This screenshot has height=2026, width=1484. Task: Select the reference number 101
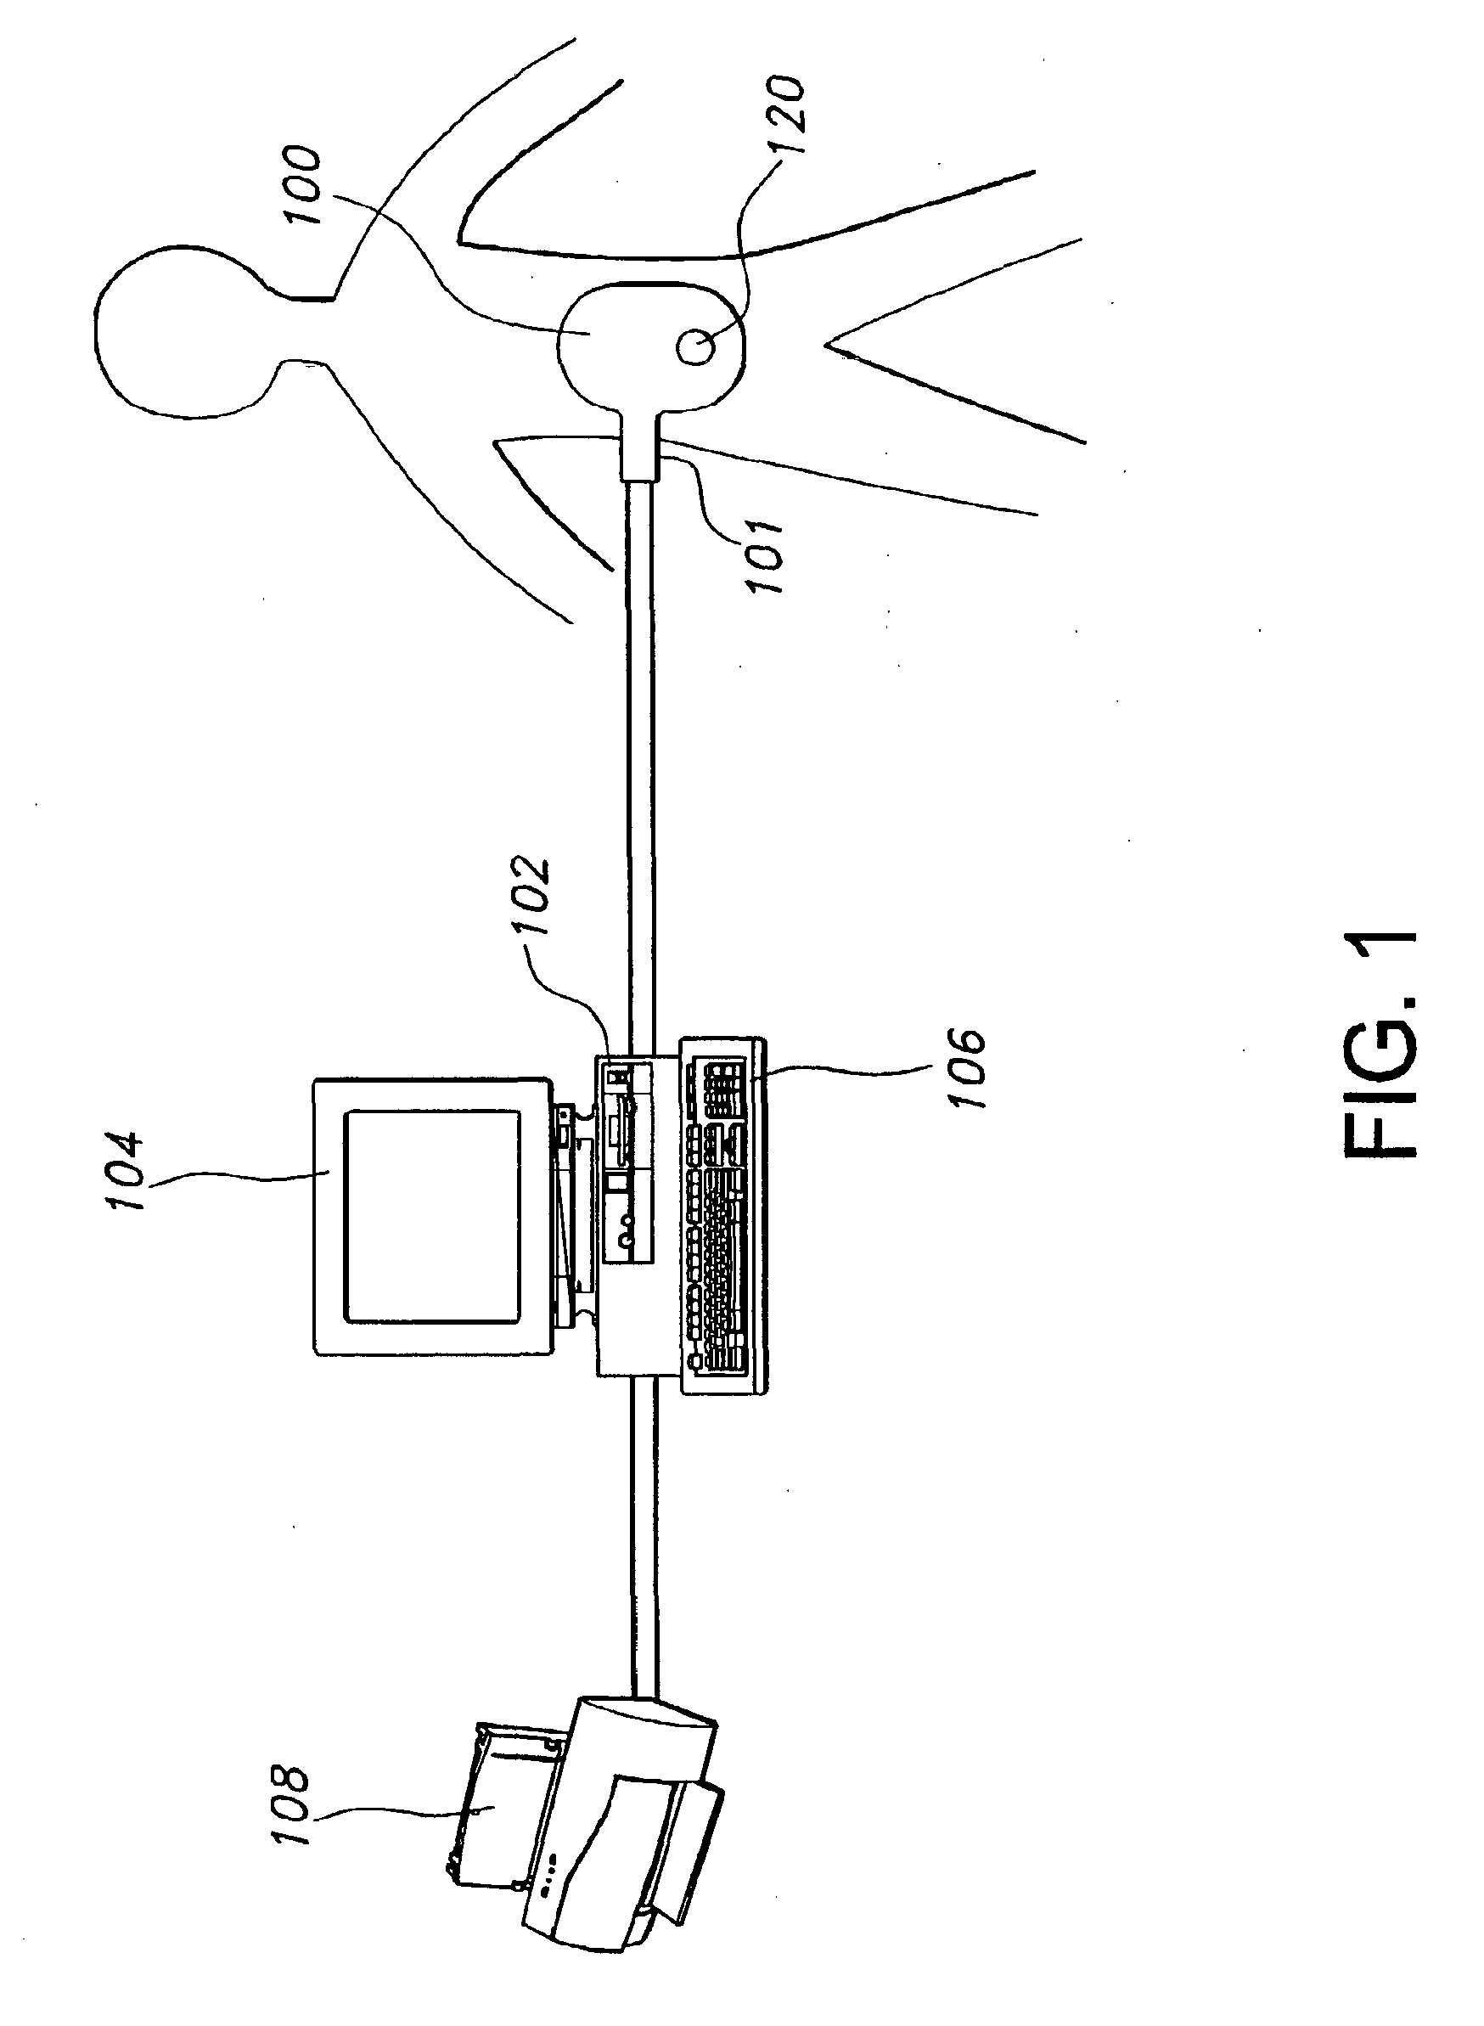764,556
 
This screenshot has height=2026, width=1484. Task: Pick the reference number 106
970,1068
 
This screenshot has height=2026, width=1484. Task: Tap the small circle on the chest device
696,346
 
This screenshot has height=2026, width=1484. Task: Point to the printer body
629,1815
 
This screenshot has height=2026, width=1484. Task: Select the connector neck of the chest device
640,445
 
